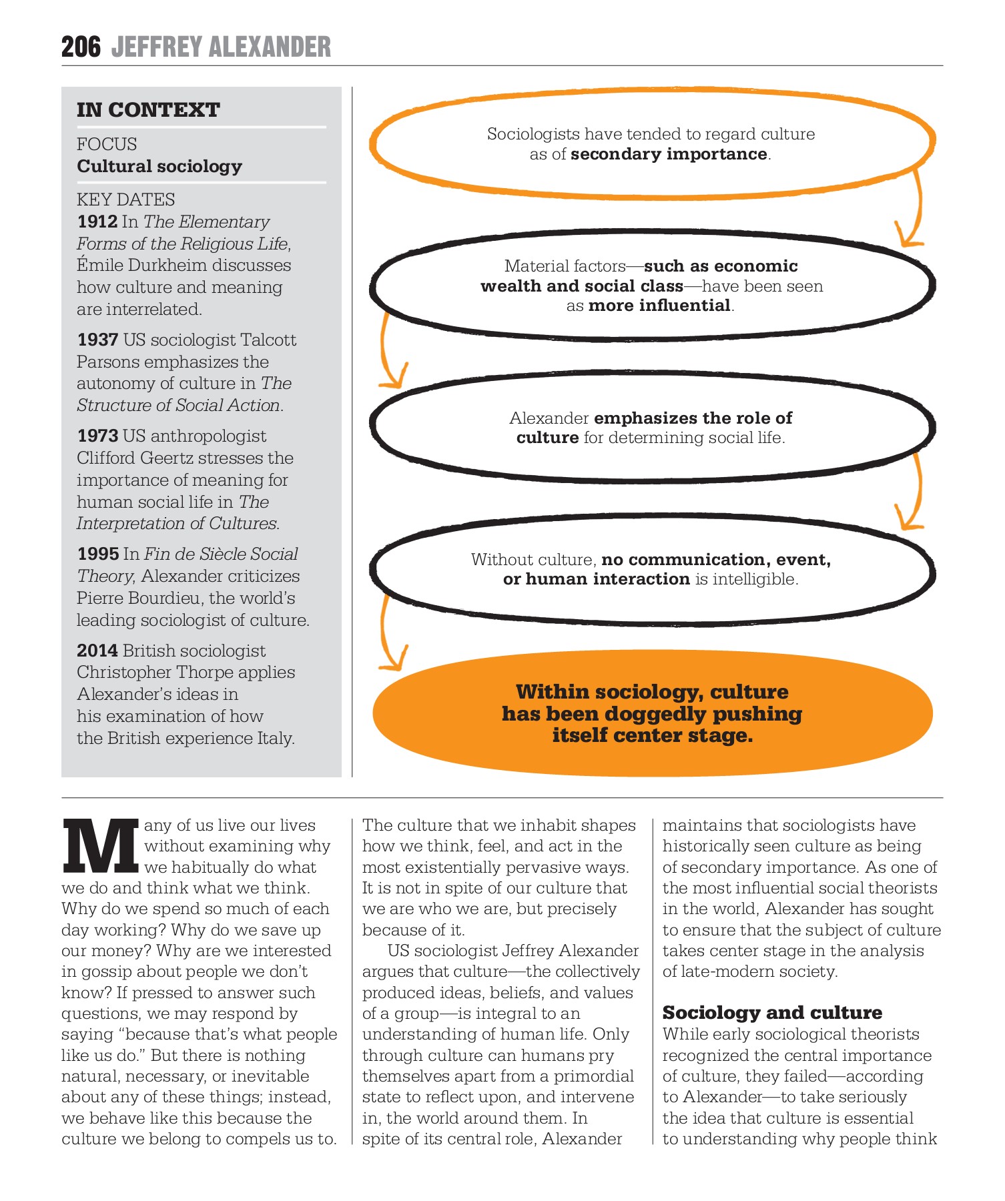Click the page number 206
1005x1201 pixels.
pyautogui.click(x=81, y=47)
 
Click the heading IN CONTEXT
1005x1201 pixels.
pyautogui.click(x=148, y=110)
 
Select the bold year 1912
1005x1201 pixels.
pyautogui.click(x=97, y=222)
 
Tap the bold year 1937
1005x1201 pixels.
pyautogui.click(x=97, y=340)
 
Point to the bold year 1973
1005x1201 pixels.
pyautogui.click(x=97, y=436)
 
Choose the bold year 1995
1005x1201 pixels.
pyautogui.click(x=97, y=554)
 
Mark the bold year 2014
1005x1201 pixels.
pyautogui.click(x=97, y=651)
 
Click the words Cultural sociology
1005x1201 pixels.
pyautogui.click(x=159, y=166)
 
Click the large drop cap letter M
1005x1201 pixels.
pyautogui.click(x=100, y=846)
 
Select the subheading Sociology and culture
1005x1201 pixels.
pyautogui.click(x=772, y=1013)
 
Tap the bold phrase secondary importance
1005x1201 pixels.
pyautogui.click(x=669, y=154)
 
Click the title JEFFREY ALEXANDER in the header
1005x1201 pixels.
pyautogui.click(x=221, y=47)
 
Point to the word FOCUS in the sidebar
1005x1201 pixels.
pyautogui.click(x=107, y=144)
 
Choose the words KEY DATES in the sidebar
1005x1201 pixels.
pyautogui.click(x=125, y=199)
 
